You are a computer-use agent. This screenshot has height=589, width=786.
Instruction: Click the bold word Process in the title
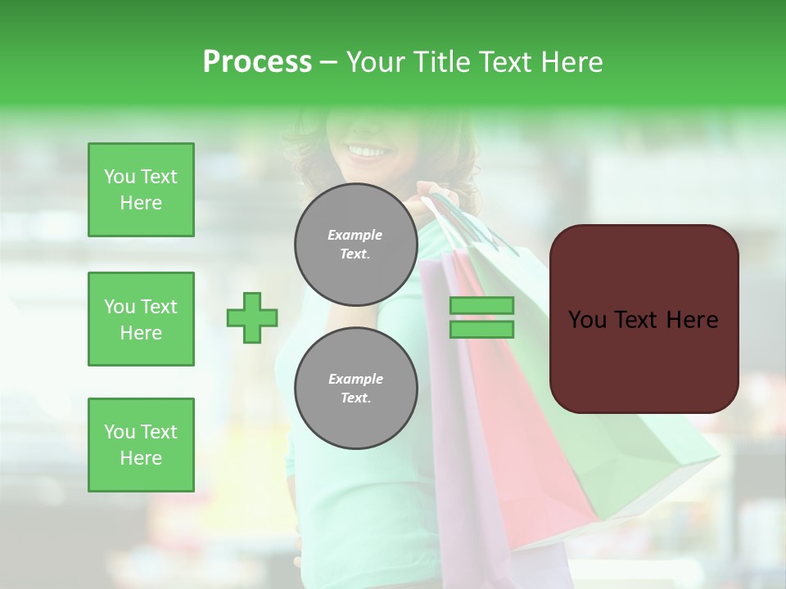(x=257, y=62)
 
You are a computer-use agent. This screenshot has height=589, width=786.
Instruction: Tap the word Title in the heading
(x=440, y=62)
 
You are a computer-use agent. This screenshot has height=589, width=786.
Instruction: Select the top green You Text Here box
(x=141, y=190)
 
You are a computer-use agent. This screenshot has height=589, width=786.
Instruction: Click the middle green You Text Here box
(x=141, y=319)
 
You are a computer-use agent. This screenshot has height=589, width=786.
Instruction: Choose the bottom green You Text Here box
(x=141, y=444)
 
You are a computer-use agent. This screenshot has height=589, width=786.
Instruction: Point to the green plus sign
(x=252, y=317)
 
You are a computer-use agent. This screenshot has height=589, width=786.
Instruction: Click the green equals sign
(x=481, y=317)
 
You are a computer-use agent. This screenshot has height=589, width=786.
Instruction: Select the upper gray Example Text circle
(x=355, y=244)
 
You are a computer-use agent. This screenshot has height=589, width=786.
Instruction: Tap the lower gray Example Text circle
(x=355, y=388)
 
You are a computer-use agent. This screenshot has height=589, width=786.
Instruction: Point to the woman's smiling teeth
(x=368, y=151)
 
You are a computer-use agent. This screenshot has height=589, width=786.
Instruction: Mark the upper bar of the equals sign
(x=481, y=305)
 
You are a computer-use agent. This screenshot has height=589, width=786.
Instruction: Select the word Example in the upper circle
(x=355, y=235)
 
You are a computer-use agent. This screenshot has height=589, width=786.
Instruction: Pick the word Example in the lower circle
(x=355, y=379)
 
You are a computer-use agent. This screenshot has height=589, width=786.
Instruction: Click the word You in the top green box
(x=120, y=177)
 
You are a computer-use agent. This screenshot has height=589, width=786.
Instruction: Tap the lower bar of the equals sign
(x=481, y=330)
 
